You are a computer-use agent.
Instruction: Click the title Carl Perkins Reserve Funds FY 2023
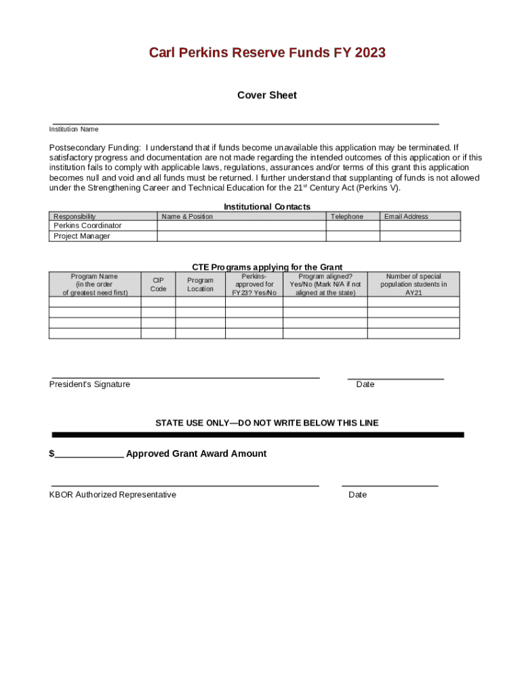pyautogui.click(x=267, y=53)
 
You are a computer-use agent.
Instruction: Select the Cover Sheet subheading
pyautogui.click(x=266, y=96)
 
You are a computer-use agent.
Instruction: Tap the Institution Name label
pyautogui.click(x=73, y=129)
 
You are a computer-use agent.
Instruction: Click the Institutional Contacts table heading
pyautogui.click(x=266, y=207)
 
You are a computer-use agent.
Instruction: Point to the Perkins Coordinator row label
pyautogui.click(x=88, y=226)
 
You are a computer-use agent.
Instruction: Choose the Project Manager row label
pyautogui.click(x=82, y=237)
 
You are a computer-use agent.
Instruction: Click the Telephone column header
pyautogui.click(x=346, y=217)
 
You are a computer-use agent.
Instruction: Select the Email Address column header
pyautogui.click(x=406, y=217)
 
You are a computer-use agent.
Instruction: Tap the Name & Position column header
pyautogui.click(x=187, y=217)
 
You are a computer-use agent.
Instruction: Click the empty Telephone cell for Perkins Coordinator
pyautogui.click(x=353, y=226)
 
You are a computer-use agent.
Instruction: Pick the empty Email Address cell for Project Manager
pyautogui.click(x=420, y=237)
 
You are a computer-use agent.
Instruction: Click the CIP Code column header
pyautogui.click(x=158, y=285)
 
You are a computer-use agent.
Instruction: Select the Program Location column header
pyautogui.click(x=201, y=285)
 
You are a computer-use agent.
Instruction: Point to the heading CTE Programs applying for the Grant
pyautogui.click(x=267, y=268)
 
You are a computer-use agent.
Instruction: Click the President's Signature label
pyautogui.click(x=89, y=384)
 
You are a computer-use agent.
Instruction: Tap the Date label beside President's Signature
pyautogui.click(x=365, y=384)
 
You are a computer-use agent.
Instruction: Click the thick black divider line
pyautogui.click(x=258, y=434)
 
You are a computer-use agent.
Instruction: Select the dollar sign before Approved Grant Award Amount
pyautogui.click(x=52, y=454)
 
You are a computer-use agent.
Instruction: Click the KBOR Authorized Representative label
pyautogui.click(x=113, y=495)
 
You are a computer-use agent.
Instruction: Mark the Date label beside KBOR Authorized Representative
pyautogui.click(x=357, y=495)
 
